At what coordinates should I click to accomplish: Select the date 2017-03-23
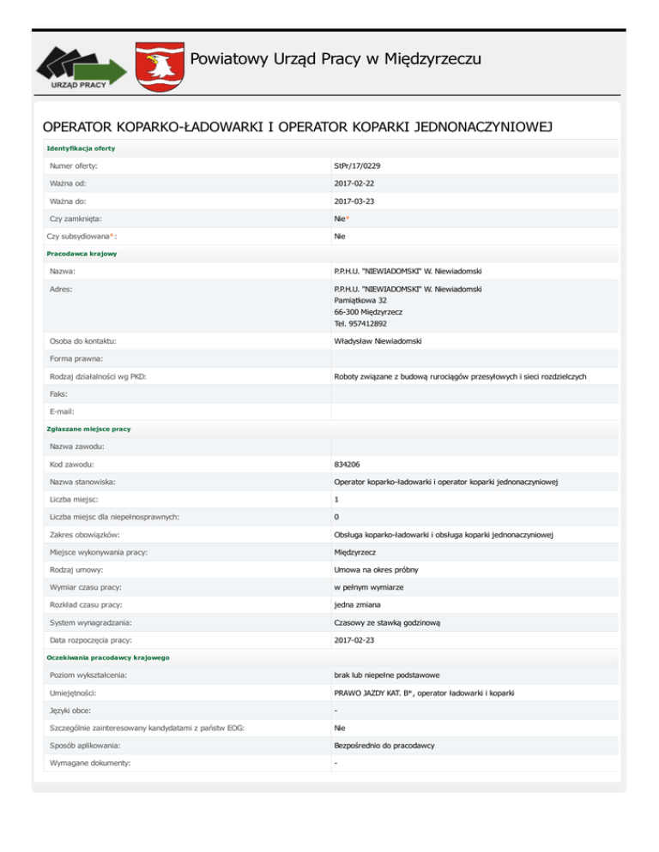[354, 201]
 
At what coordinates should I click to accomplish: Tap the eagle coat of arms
[159, 65]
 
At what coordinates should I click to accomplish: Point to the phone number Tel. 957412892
[360, 324]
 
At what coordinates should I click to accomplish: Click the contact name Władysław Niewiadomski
[382, 340]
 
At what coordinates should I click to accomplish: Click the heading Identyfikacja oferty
[81, 148]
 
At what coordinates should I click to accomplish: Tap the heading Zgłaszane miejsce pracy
[88, 428]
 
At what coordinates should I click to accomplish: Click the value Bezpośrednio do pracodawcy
[384, 746]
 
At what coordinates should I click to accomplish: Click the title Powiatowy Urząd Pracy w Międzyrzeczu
[335, 59]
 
